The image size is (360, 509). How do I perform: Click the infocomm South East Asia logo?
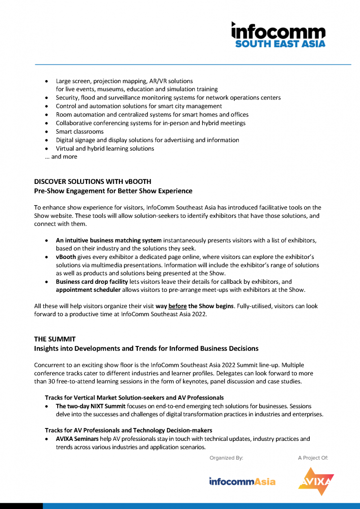(278, 35)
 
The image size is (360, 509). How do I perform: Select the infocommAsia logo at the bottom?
(242, 481)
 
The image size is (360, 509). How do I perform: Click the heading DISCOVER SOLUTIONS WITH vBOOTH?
(92, 182)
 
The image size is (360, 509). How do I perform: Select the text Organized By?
(226, 458)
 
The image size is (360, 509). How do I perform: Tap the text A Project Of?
(313, 458)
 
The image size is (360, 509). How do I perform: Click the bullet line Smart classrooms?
(80, 132)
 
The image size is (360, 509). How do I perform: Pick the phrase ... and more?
(61, 157)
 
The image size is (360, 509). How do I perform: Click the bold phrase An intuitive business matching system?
(108, 241)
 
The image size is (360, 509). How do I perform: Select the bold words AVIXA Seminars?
(77, 439)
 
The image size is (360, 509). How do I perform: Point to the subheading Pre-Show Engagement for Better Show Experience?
(113, 191)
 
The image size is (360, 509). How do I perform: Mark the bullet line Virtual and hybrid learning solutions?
(105, 149)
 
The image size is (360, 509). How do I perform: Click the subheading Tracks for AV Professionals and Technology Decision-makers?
(128, 430)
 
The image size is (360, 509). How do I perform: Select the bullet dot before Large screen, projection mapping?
(47, 81)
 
